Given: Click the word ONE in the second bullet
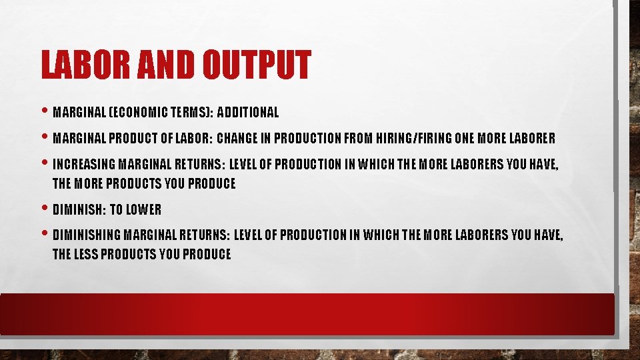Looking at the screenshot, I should pos(465,139).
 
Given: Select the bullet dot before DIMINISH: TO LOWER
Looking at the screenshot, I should pos(45,208).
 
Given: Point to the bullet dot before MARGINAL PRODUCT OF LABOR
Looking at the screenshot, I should pos(45,137).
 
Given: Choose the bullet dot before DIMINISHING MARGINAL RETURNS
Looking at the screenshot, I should pos(45,234).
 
